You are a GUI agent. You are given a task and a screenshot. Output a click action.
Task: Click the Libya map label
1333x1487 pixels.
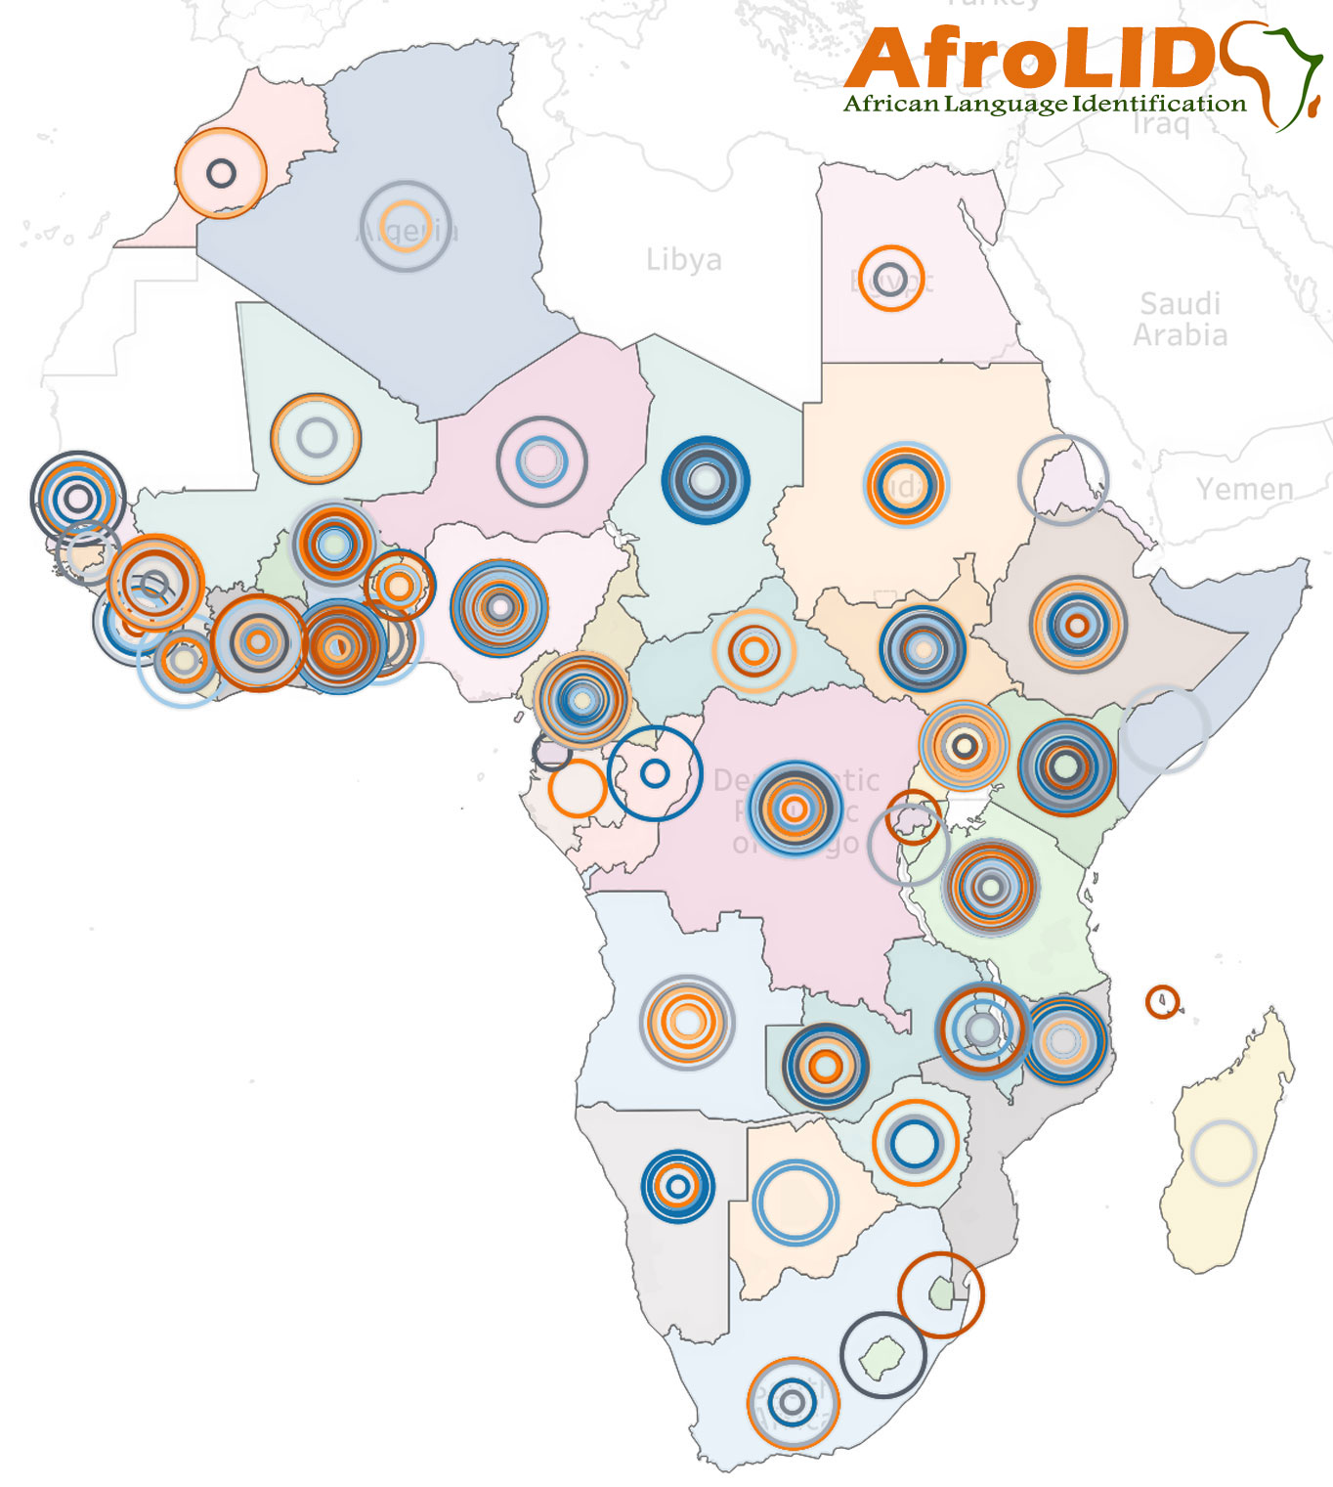[x=683, y=260]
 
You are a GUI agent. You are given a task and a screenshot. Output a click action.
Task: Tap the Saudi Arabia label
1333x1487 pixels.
[x=1180, y=319]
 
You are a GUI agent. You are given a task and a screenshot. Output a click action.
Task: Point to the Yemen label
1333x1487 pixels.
[x=1244, y=489]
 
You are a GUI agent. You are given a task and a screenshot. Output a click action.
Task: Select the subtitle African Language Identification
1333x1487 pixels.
[x=1045, y=104]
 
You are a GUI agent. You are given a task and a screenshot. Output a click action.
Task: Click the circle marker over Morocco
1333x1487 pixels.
[x=222, y=173]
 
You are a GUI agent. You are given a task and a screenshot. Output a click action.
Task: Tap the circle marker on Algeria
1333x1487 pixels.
[x=405, y=226]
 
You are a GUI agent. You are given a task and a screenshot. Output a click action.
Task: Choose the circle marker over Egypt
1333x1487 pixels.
[x=891, y=278]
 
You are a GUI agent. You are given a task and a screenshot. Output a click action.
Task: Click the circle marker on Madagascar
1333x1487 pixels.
[x=1223, y=1153]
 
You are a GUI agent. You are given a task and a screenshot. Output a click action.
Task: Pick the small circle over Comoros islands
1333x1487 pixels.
[x=1162, y=1001]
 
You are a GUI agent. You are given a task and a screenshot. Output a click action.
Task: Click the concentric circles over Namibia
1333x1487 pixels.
[x=678, y=1186]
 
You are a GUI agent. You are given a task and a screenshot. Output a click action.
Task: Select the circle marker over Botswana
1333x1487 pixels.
[x=795, y=1202]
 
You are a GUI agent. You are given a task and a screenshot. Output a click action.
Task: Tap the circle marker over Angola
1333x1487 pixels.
[x=687, y=1022]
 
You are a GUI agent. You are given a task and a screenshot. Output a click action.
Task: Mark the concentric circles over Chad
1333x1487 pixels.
[x=705, y=480]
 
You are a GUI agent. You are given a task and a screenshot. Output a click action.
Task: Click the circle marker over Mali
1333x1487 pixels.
[x=316, y=438]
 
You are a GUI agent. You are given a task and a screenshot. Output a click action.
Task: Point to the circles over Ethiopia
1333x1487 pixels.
[x=1077, y=624]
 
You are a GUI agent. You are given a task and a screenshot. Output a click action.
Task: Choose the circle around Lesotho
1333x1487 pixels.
[x=883, y=1355]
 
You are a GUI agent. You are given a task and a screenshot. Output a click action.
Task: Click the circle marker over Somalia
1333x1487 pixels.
[x=1164, y=729]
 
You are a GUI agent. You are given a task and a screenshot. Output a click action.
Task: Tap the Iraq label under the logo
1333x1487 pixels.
[x=1161, y=125]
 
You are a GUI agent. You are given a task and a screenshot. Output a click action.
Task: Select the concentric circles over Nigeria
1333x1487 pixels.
[x=499, y=607]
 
